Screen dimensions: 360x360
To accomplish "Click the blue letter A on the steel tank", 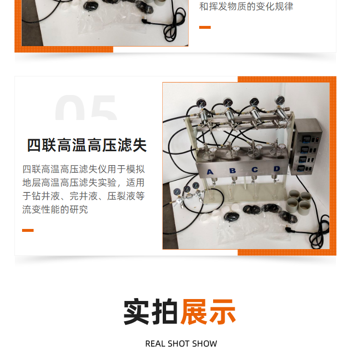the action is pos(210,172).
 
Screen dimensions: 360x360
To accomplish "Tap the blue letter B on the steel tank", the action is pos(233,170).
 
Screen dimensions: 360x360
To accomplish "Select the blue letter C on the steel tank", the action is pos(254,169).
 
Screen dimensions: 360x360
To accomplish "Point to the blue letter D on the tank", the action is pos(276,169).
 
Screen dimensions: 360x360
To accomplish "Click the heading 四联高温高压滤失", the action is pos(87,145).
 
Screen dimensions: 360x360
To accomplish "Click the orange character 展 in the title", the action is pos(194,312).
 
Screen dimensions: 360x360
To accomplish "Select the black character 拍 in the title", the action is pos(164,312).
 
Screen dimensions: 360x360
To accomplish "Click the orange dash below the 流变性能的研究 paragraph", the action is pos(28,230).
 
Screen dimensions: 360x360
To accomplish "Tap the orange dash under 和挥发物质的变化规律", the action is pos(205,27).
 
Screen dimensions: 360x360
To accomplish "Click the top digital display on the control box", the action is pos(306,139).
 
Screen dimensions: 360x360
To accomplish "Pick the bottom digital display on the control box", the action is pos(300,169).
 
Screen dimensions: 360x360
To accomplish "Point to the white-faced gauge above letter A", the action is pos(213,150).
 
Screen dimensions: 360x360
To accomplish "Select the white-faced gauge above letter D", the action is pos(282,146).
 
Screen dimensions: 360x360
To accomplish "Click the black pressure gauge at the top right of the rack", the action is pos(280,100).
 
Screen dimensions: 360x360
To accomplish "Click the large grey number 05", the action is pos(85,108).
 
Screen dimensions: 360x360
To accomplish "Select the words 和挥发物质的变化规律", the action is pos(246,6).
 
